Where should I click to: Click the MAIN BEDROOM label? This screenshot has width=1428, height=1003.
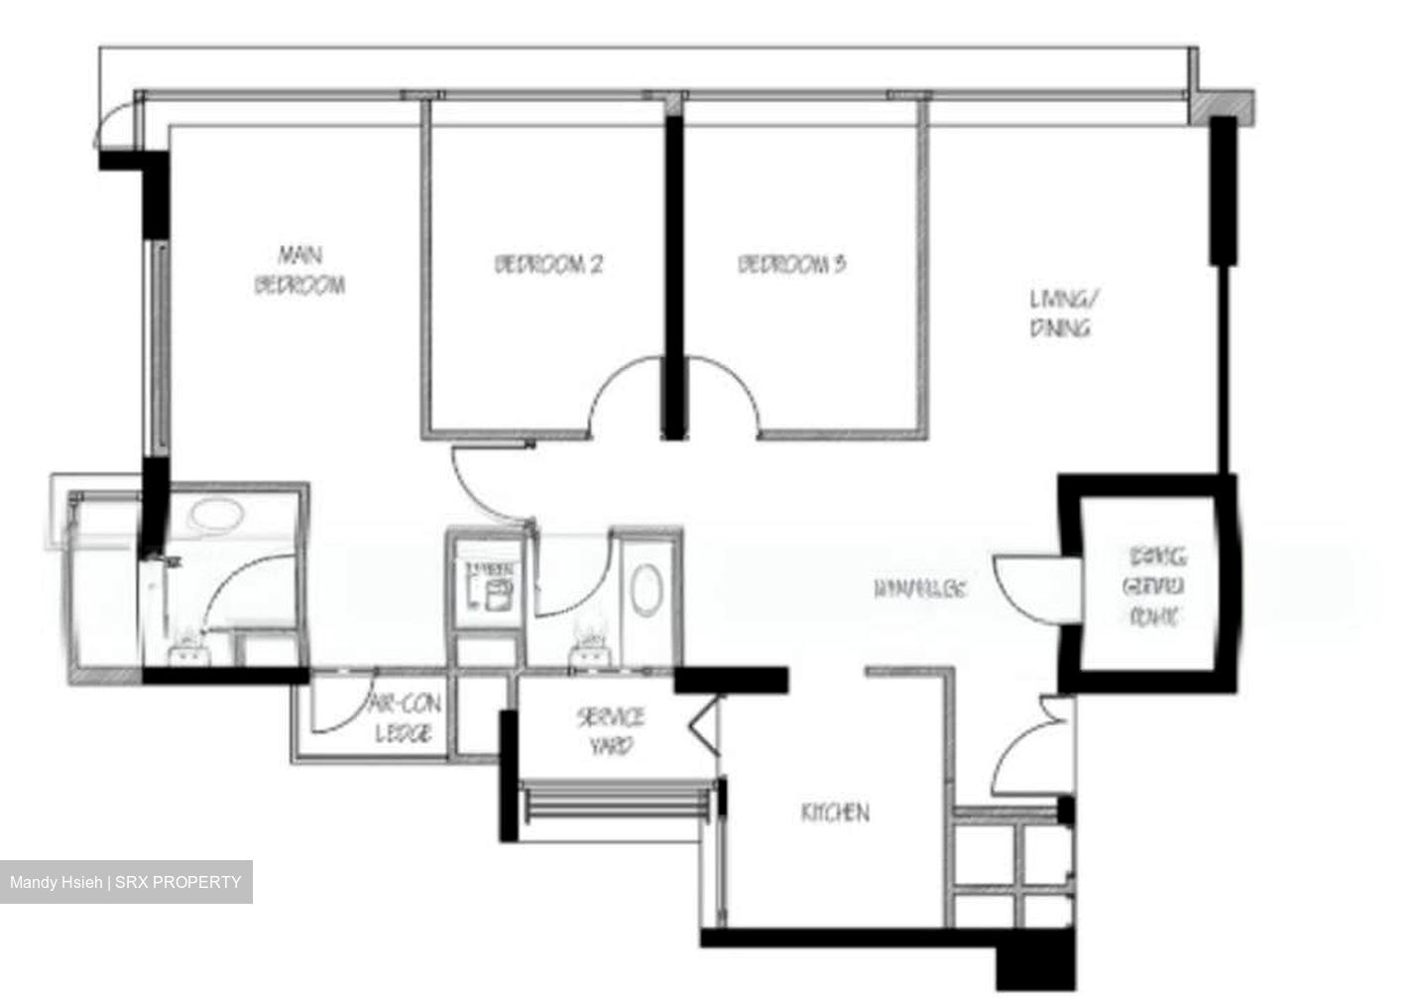click(299, 270)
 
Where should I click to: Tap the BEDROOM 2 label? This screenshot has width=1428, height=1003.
click(548, 265)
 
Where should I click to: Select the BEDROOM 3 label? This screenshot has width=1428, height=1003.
click(791, 265)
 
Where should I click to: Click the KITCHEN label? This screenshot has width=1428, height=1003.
click(835, 813)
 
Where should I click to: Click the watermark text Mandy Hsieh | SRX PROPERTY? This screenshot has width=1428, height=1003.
click(126, 882)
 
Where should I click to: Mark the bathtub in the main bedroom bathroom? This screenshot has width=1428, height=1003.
click(215, 515)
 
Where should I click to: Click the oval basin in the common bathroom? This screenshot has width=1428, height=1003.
click(646, 588)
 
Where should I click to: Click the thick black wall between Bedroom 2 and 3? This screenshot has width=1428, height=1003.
click(674, 278)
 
